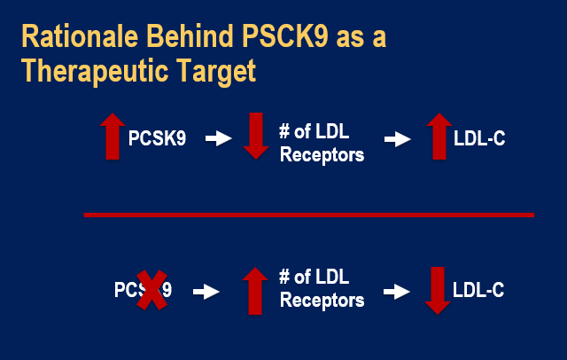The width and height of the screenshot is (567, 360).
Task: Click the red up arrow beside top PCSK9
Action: pos(112,137)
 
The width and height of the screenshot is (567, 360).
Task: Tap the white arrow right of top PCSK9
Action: pos(218,138)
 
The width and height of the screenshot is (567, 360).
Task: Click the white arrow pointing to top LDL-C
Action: pos(397,138)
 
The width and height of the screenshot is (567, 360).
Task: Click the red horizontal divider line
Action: pos(309,215)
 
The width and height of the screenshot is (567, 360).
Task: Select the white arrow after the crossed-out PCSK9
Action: pos(206,290)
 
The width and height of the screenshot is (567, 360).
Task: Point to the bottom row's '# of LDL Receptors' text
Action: pos(321,290)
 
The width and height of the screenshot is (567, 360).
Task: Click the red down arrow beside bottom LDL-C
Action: pos(434,289)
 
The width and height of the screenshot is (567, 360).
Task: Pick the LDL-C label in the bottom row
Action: pos(478,290)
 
